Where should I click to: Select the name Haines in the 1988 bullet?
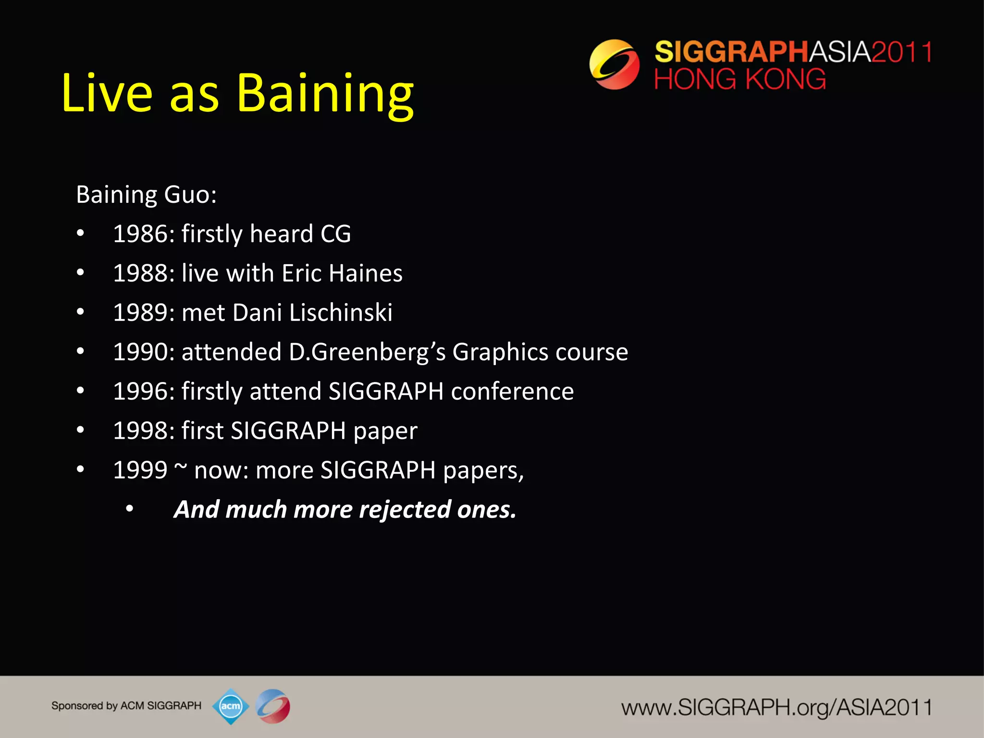pyautogui.click(x=366, y=273)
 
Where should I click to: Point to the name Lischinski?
pyautogui.click(x=341, y=313)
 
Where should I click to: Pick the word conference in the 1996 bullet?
pyautogui.click(x=512, y=392)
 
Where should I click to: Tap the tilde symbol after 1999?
pyautogui.click(x=181, y=467)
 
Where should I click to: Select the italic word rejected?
pyautogui.click(x=405, y=510)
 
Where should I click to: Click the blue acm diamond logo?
pyautogui.click(x=231, y=706)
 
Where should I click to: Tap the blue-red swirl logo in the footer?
pyautogui.click(x=273, y=706)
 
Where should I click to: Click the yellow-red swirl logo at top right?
pyautogui.click(x=615, y=64)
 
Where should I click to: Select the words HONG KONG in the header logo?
pyautogui.click(x=740, y=79)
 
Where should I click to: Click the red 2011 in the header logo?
pyautogui.click(x=901, y=52)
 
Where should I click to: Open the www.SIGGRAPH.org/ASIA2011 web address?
pyautogui.click(x=776, y=708)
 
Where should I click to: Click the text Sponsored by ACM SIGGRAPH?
pyautogui.click(x=126, y=706)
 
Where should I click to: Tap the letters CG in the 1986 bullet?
pyautogui.click(x=335, y=234)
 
